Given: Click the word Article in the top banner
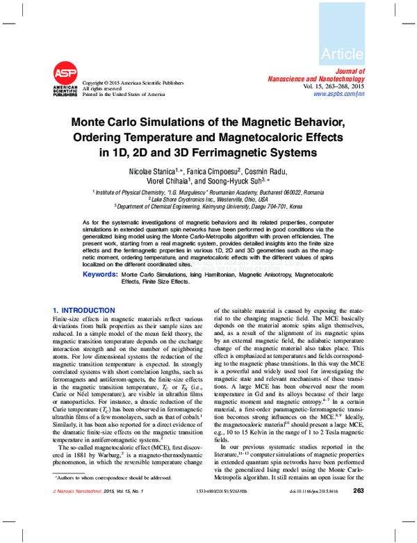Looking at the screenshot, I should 342,54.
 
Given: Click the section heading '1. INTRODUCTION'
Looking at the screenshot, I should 84,310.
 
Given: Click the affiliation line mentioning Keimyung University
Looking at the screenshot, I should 208,206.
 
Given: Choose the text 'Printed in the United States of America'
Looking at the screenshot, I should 124,94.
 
